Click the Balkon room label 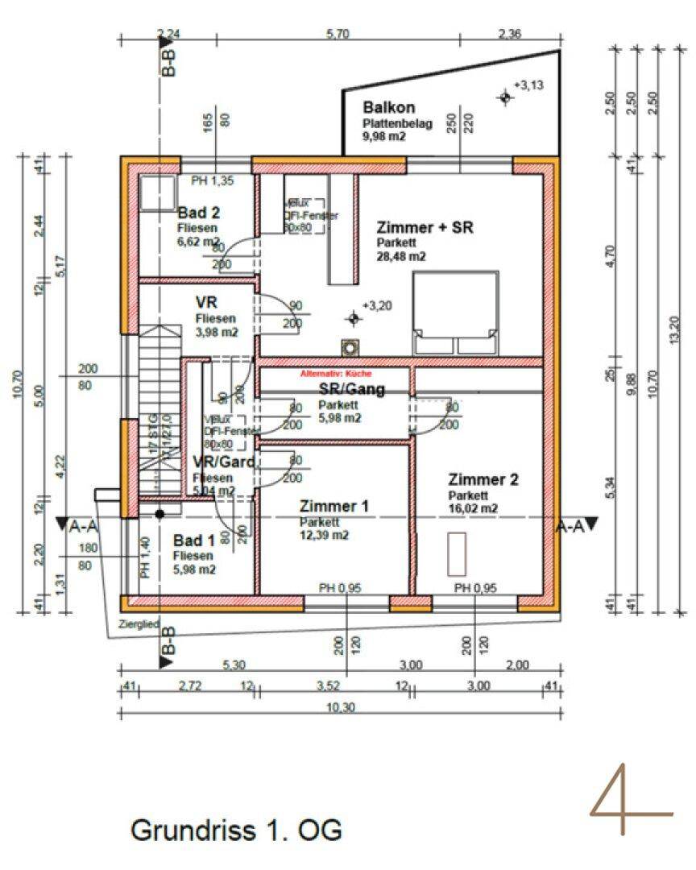pyautogui.click(x=388, y=107)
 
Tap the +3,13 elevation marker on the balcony pyautogui.click(x=505, y=97)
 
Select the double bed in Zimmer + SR pyautogui.click(x=455, y=313)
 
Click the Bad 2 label pyautogui.click(x=199, y=213)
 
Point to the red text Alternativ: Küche pyautogui.click(x=336, y=375)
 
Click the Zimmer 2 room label pyautogui.click(x=483, y=479)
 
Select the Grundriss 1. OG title pyautogui.click(x=236, y=829)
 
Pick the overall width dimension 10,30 pyautogui.click(x=340, y=702)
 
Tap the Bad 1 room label pyautogui.click(x=193, y=541)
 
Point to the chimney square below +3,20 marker pyautogui.click(x=350, y=348)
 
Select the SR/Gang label pyautogui.click(x=352, y=390)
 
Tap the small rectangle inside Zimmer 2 pyautogui.click(x=458, y=553)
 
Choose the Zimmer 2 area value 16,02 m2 pyautogui.click(x=473, y=508)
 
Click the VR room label pyautogui.click(x=207, y=302)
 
